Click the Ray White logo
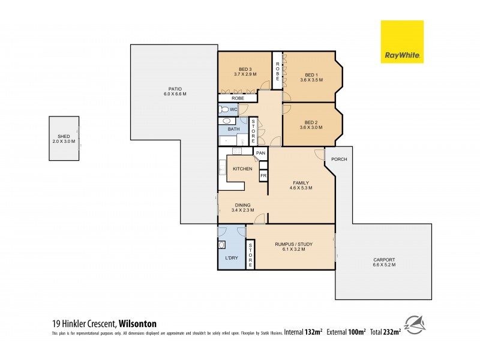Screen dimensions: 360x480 [402, 41]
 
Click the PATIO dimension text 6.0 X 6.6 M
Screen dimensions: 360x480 [175, 94]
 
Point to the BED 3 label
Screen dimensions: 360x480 [245, 68]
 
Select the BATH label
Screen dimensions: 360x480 [233, 128]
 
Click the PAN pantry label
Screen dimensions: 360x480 [260, 154]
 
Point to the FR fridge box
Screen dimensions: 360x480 [263, 175]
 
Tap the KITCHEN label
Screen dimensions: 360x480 [242, 169]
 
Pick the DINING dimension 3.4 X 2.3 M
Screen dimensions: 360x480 [243, 210]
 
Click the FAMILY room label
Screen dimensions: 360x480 [301, 182]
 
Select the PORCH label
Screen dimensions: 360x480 [340, 159]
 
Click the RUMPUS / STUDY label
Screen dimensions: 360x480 [290, 244]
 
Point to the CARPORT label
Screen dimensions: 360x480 [383, 259]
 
